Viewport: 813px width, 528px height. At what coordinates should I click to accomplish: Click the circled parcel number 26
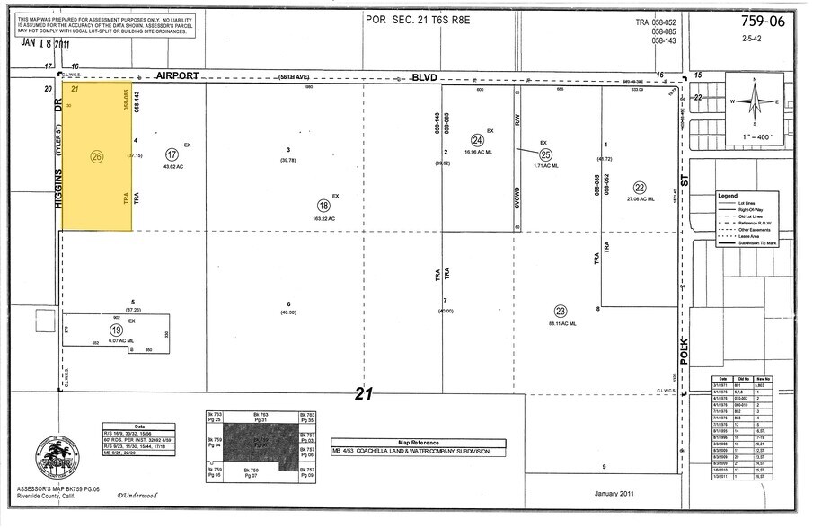pos(97,156)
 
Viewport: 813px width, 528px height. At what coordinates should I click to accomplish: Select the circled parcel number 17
pos(172,154)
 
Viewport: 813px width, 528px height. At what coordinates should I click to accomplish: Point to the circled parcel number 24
pos(478,140)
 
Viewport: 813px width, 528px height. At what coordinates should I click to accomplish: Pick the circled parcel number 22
pos(640,188)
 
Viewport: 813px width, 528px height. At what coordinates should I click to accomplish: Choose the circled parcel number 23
pos(561,310)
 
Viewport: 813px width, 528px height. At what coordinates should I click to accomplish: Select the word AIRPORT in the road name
pos(177,78)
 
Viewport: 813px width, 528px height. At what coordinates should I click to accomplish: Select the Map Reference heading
pos(419,442)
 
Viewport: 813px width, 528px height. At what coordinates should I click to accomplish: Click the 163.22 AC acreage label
pos(324,219)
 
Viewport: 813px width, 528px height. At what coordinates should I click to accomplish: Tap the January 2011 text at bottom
pos(614,493)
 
